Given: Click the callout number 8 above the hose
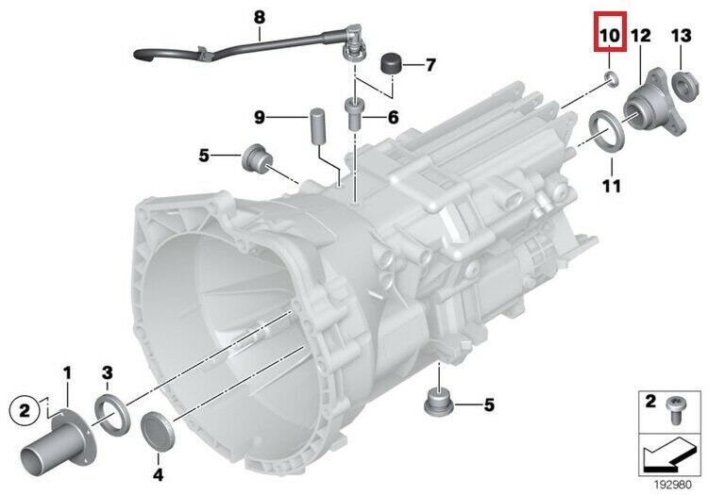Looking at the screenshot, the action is point(260,18).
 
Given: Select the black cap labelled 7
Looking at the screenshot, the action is point(391,63).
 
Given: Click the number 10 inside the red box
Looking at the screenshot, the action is point(610,36).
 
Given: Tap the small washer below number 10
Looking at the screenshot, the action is point(612,80).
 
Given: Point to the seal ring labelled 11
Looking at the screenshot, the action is point(606,130).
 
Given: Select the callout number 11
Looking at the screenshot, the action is point(612,186).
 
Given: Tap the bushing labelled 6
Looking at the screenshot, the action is point(354,113).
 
